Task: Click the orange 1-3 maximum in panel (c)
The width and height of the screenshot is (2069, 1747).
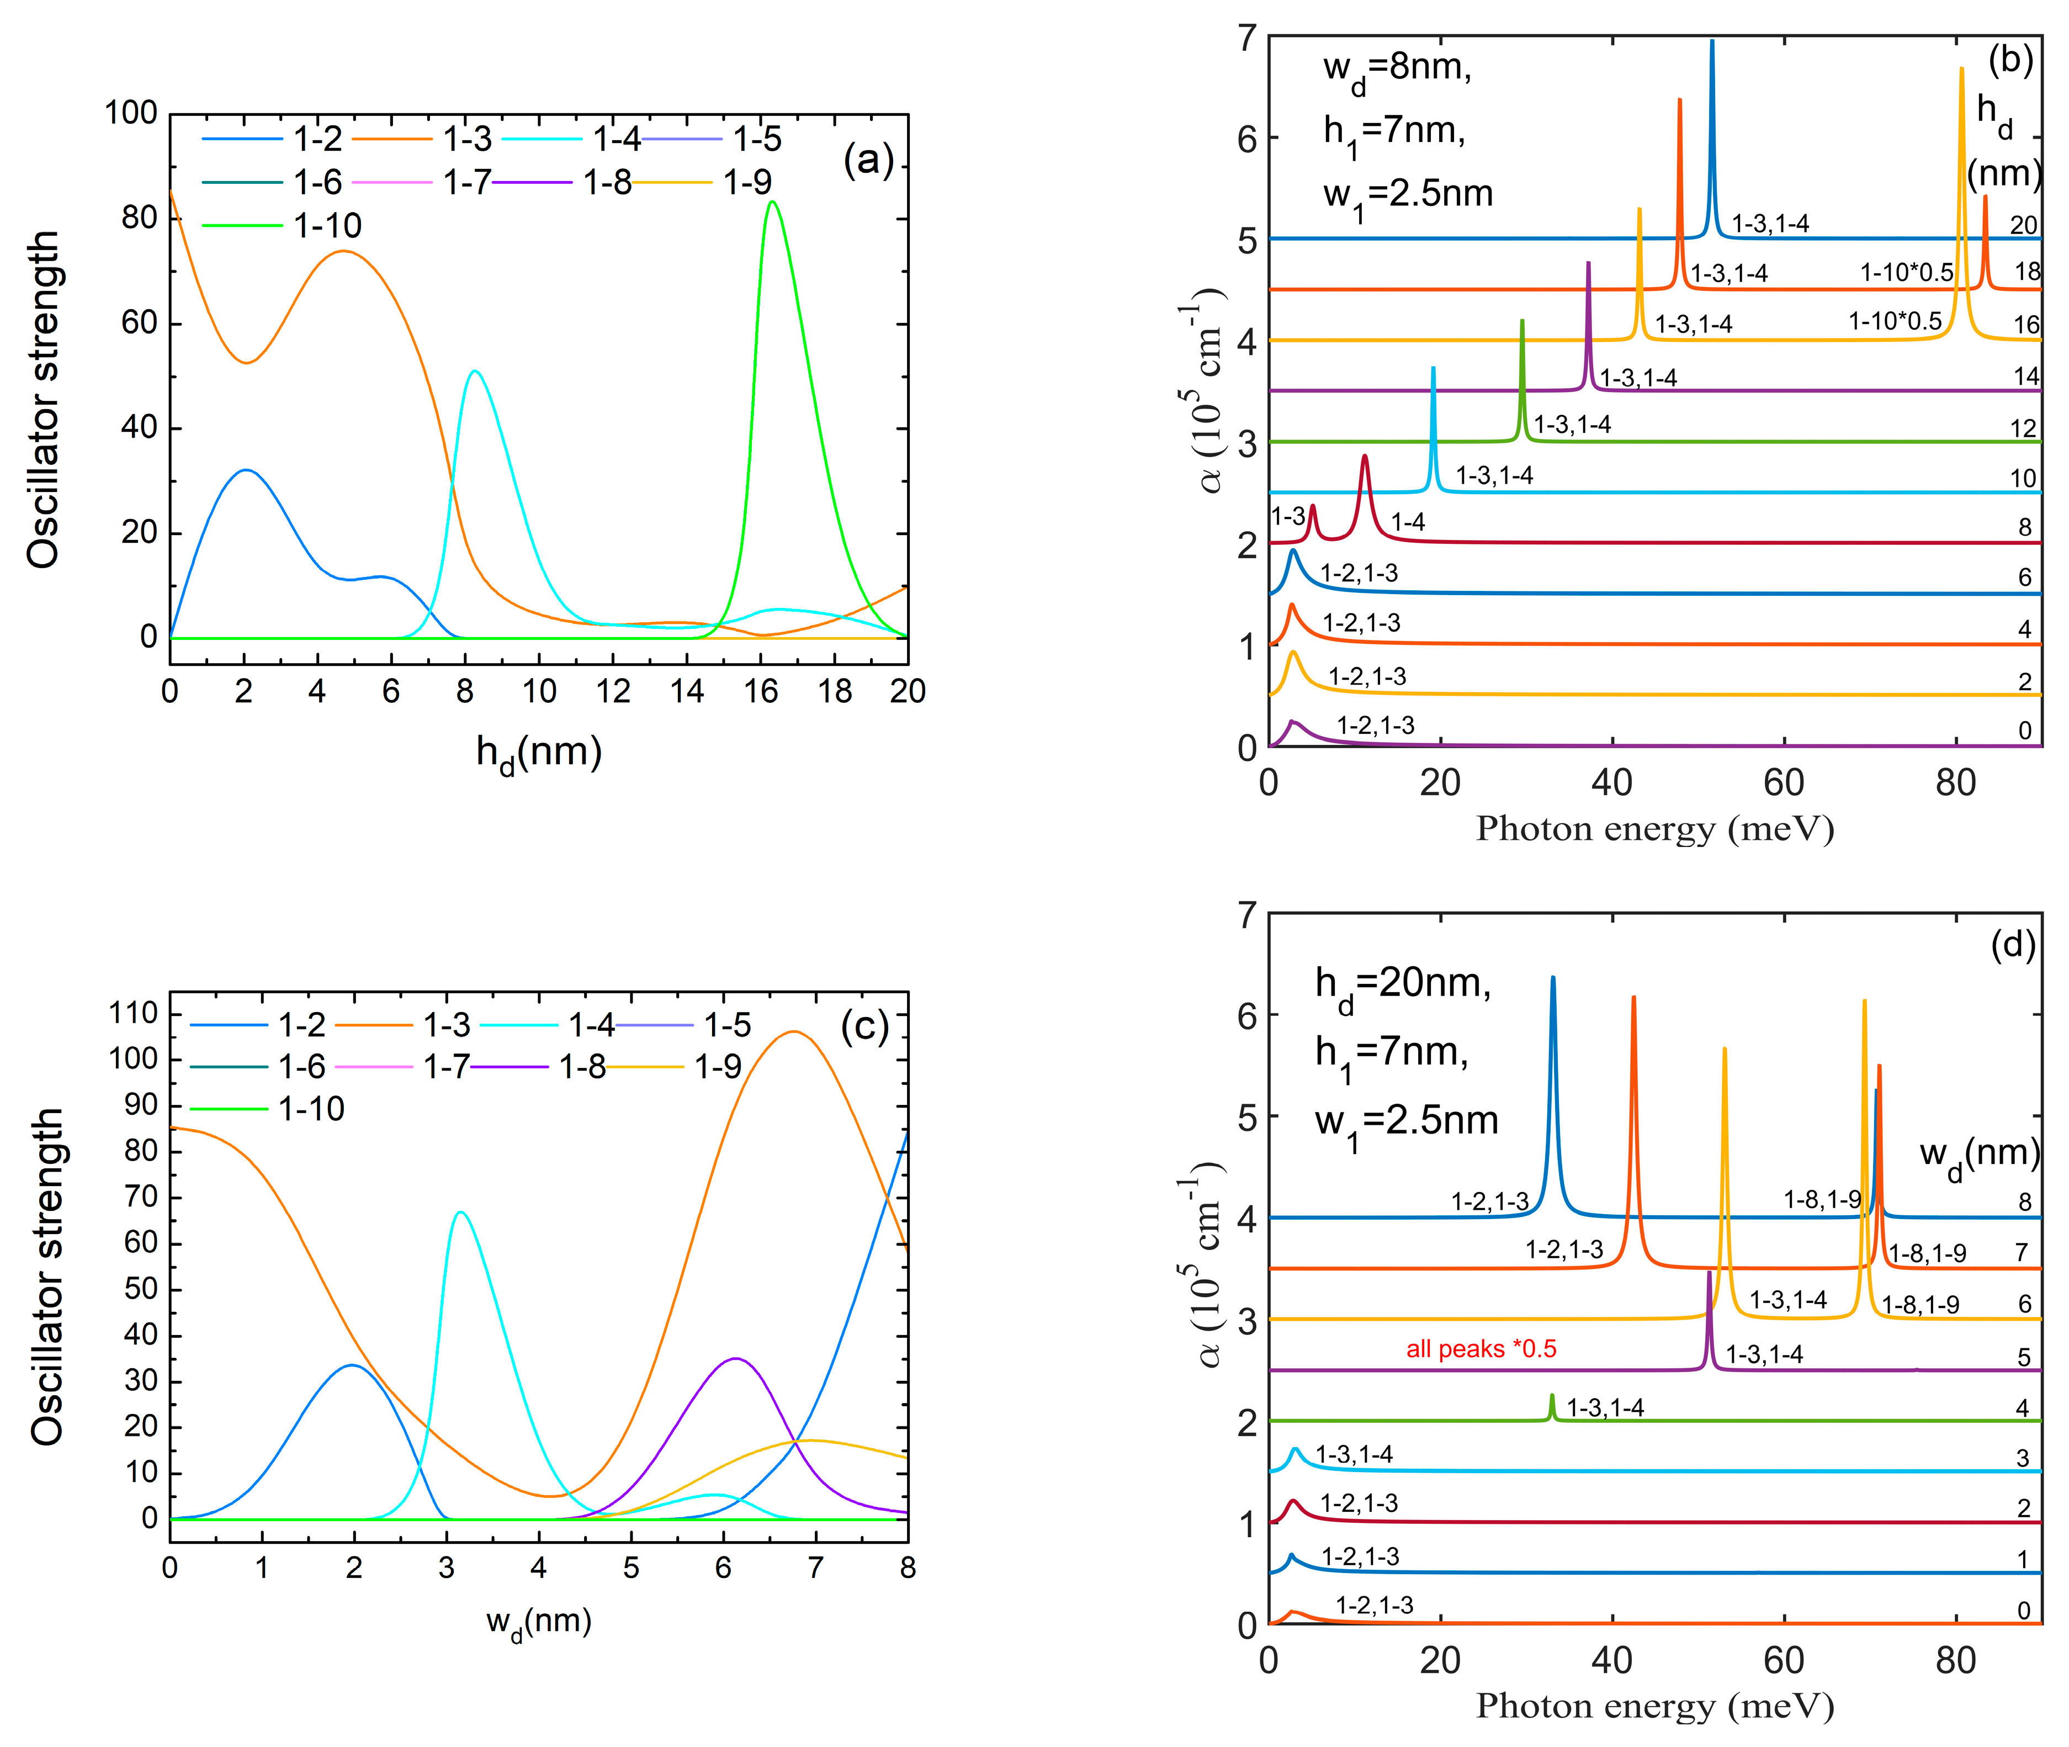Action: point(792,1032)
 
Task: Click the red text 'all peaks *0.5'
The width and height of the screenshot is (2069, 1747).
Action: point(1481,1349)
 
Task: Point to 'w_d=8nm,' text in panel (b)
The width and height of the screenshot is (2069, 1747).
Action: point(1397,70)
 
